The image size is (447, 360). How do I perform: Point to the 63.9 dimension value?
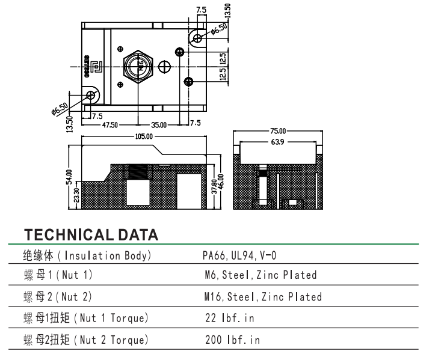279,142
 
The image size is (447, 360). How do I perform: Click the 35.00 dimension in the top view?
159,125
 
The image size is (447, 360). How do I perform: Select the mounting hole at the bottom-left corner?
92,96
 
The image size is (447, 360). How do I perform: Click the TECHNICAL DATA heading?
90,234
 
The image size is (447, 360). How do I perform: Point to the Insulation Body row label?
87,256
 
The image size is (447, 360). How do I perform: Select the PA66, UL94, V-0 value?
239,256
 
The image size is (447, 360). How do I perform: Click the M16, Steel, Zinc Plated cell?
263,297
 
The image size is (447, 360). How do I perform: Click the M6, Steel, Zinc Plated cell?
260,276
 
